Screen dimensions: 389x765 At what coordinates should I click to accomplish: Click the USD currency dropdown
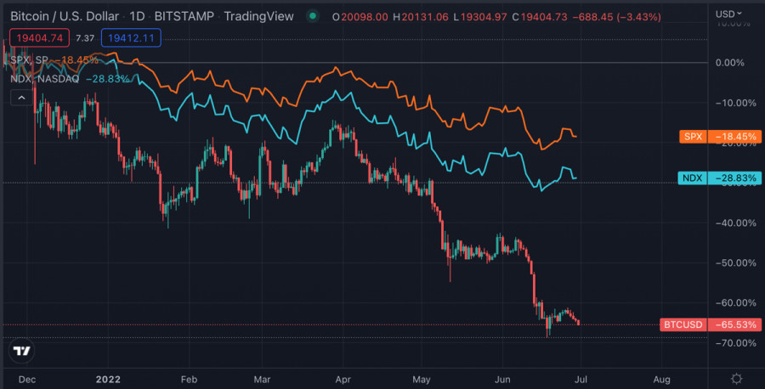click(x=728, y=14)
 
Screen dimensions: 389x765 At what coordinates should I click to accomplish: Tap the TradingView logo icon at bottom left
click(x=22, y=351)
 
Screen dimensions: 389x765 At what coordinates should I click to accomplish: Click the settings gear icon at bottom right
click(x=737, y=378)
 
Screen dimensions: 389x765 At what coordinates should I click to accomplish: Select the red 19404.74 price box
click(x=37, y=37)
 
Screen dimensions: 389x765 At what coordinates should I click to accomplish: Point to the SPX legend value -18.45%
click(x=77, y=59)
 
